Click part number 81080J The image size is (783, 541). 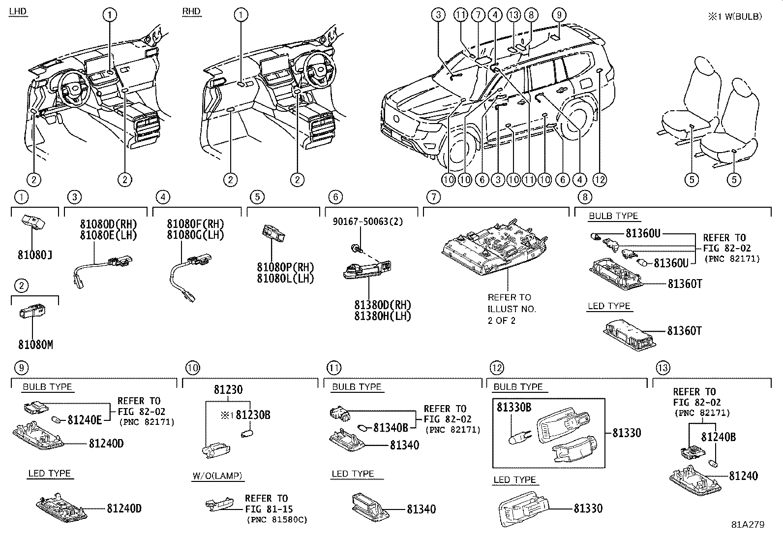pyautogui.click(x=35, y=255)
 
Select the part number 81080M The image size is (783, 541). pyautogui.click(x=35, y=345)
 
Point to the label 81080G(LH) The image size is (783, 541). pyautogui.click(x=195, y=235)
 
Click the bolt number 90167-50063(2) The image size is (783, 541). pyautogui.click(x=367, y=222)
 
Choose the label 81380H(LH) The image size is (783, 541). pyautogui.click(x=382, y=316)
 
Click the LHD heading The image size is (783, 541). pyautogui.click(x=18, y=11)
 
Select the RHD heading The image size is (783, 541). pyautogui.click(x=191, y=11)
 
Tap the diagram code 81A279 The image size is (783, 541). pyautogui.click(x=747, y=525)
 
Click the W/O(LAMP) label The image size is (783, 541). pyautogui.click(x=217, y=476)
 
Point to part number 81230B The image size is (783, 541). pyautogui.click(x=253, y=415)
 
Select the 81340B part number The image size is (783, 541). pyautogui.click(x=391, y=428)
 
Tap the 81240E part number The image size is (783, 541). pyautogui.click(x=85, y=420)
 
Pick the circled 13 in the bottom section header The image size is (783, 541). pyautogui.click(x=663, y=367)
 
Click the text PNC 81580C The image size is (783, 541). pyautogui.click(x=276, y=520)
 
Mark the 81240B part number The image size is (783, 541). pyautogui.click(x=718, y=437)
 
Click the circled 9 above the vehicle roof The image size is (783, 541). pyautogui.click(x=559, y=15)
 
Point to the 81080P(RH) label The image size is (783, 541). pyautogui.click(x=285, y=267)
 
